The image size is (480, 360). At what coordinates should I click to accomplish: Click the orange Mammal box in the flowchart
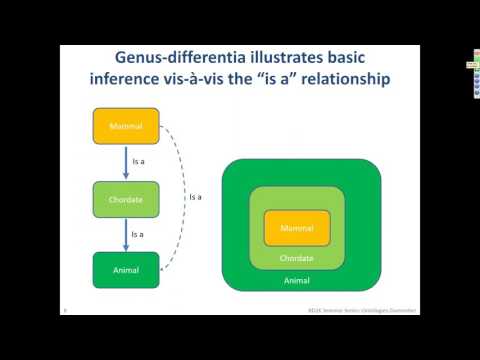pyautogui.click(x=126, y=126)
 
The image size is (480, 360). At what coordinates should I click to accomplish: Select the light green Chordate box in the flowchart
pyautogui.click(x=126, y=200)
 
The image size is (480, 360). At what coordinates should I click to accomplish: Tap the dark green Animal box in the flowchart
pyautogui.click(x=126, y=270)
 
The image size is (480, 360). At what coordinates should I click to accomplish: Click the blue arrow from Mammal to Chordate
pyautogui.click(x=126, y=162)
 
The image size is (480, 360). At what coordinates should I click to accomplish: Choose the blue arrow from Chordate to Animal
pyautogui.click(x=126, y=234)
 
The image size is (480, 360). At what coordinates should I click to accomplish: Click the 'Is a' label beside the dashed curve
pyautogui.click(x=196, y=197)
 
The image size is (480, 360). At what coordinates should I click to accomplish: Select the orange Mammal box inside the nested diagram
pyautogui.click(x=297, y=228)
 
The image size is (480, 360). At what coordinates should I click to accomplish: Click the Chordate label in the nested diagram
pyautogui.click(x=297, y=257)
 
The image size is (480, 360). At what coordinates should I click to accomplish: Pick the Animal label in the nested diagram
pyautogui.click(x=297, y=281)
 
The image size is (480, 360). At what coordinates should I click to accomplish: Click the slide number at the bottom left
pyautogui.click(x=64, y=310)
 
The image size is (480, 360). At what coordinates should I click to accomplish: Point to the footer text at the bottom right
pyautogui.click(x=363, y=310)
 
